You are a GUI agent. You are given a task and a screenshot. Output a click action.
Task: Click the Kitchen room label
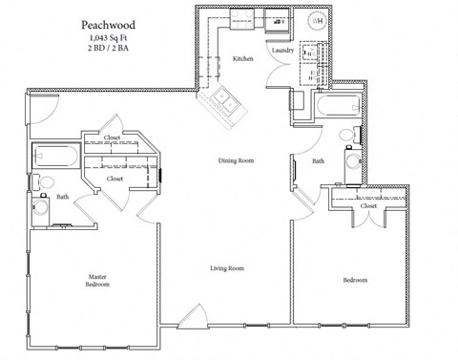(x=243, y=59)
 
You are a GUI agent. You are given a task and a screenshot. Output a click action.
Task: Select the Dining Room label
(x=237, y=161)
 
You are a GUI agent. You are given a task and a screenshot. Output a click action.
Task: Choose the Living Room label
(x=227, y=268)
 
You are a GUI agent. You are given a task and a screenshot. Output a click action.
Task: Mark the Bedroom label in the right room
(x=355, y=280)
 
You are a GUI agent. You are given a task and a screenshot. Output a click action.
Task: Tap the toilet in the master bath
(x=45, y=181)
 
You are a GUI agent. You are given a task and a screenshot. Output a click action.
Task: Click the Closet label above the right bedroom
(x=368, y=205)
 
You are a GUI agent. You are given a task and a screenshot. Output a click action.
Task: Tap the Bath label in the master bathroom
(x=62, y=197)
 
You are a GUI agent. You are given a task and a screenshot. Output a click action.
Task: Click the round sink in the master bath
(x=41, y=206)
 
